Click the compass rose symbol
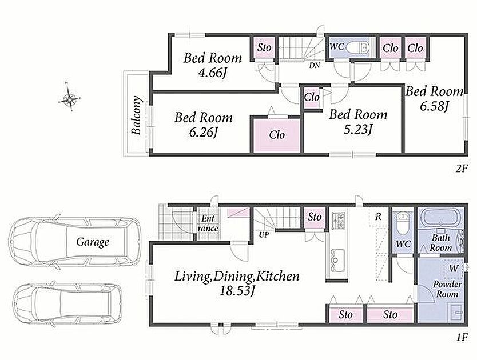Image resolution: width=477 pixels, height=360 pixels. [70, 98]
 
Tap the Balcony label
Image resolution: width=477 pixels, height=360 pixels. [137, 115]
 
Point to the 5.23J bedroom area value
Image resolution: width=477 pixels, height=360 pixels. [358, 130]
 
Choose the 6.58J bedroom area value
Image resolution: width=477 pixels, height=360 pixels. [434, 106]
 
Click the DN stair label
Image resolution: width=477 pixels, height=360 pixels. [315, 65]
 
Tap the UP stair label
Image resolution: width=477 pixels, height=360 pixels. [264, 235]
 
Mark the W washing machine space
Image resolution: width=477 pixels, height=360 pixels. [454, 269]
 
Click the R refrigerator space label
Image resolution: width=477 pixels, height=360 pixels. [378, 217]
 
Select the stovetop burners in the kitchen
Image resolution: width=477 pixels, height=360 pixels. [337, 221]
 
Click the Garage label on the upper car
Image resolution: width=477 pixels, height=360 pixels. [93, 242]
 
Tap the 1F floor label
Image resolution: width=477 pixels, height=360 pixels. [462, 337]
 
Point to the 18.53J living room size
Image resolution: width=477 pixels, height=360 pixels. [237, 291]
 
